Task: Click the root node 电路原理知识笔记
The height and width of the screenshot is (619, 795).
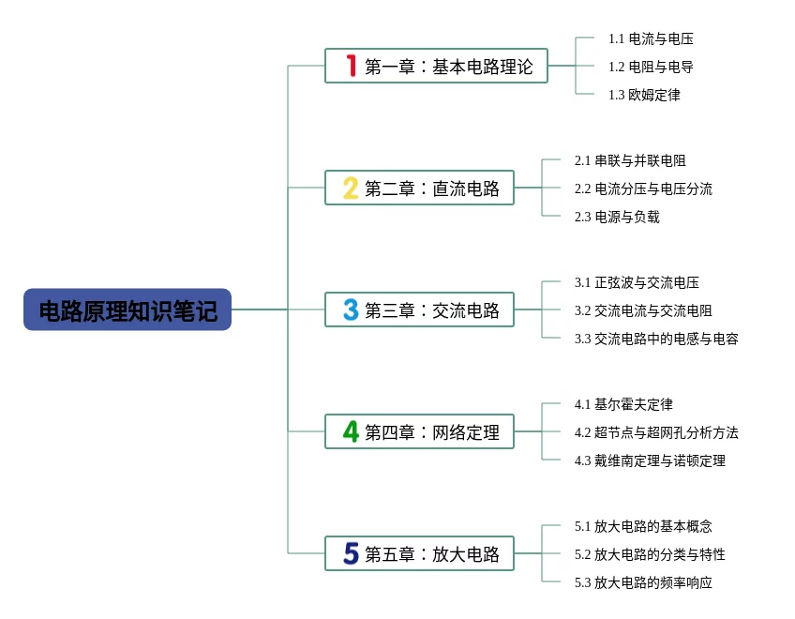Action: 127,309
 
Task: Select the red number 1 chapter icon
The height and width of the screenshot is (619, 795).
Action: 351,66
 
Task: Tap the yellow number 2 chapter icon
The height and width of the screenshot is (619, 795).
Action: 351,188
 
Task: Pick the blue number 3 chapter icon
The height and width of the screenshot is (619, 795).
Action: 351,309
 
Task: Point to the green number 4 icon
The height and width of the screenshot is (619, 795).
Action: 351,431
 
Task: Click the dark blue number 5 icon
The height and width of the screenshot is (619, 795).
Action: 351,553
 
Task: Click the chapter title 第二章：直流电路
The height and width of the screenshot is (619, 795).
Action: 432,188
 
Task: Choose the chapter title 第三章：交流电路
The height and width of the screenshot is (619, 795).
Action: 432,309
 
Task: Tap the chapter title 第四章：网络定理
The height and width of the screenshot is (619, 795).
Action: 432,431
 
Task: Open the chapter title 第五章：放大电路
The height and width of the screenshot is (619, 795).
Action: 432,553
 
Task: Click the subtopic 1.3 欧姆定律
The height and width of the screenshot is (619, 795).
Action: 644,95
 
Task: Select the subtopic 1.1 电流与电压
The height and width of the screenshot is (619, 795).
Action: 651,38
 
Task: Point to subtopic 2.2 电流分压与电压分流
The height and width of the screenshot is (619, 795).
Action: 643,189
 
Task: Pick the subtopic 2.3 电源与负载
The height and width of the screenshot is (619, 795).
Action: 617,217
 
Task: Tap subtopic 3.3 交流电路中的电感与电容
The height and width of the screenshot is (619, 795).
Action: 656,339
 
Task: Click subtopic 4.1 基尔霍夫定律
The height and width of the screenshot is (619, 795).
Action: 623,404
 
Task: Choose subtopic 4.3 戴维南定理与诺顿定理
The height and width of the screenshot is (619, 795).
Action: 650,460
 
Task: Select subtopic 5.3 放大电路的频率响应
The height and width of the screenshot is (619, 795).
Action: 643,582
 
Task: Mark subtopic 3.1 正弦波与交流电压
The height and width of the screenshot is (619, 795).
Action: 637,282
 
